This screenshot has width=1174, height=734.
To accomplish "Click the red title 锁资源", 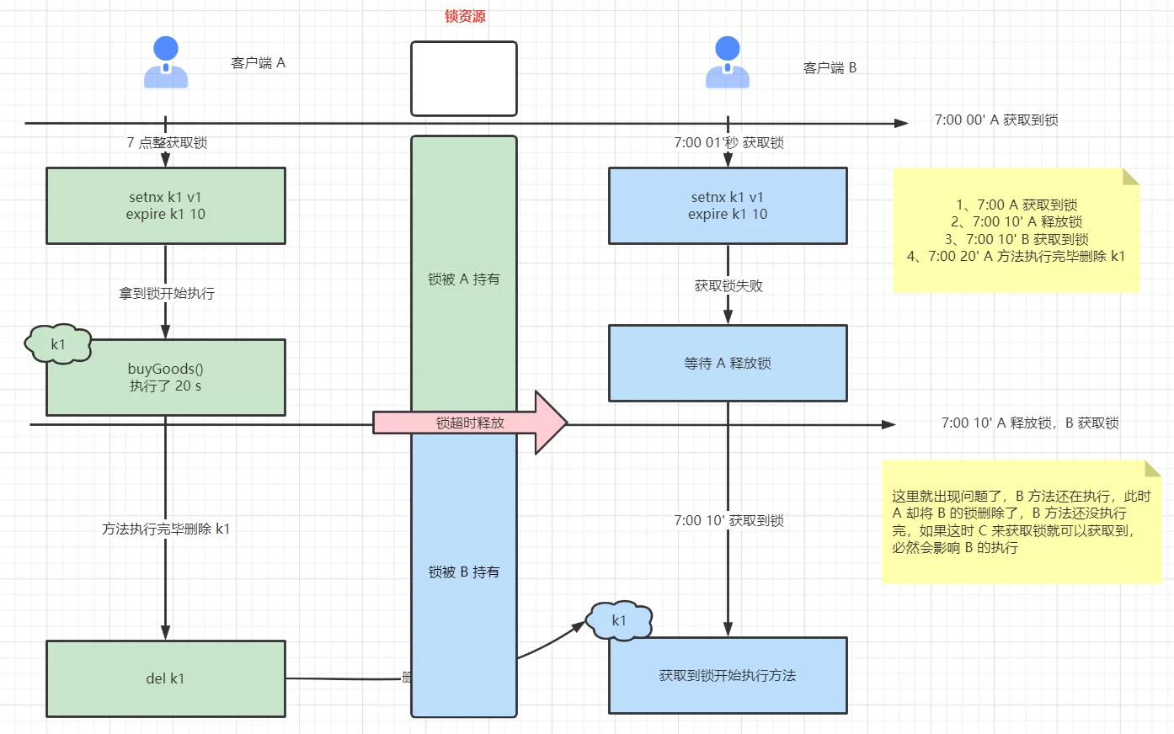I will click(x=465, y=17).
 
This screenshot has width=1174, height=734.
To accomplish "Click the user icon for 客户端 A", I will click(x=166, y=63).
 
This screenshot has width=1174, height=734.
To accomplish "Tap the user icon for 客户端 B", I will click(x=728, y=63).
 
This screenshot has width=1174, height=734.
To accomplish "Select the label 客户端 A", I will click(x=258, y=63).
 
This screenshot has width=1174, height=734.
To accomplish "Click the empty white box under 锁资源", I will click(x=464, y=78).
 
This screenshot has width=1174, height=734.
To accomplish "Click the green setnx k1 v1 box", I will click(x=166, y=206).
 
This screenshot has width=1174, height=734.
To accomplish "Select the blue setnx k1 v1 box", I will click(x=728, y=206).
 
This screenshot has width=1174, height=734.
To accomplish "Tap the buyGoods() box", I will click(x=166, y=378).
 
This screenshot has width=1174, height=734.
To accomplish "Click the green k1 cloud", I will click(x=58, y=344).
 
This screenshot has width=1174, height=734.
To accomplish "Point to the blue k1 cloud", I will click(x=619, y=621).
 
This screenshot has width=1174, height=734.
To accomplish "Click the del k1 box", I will click(x=166, y=678).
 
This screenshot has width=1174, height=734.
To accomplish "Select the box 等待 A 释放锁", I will click(x=728, y=364).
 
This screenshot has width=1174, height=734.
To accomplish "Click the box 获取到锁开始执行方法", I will click(x=728, y=676).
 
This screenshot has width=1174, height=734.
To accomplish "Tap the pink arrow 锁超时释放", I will click(x=470, y=423).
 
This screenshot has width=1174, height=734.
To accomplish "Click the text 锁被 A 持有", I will click(x=464, y=279).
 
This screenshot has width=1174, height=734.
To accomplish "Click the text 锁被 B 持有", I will click(x=464, y=572).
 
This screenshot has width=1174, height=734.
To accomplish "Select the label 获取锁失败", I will click(x=728, y=286).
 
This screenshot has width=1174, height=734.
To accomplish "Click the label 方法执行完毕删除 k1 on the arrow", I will click(x=166, y=529).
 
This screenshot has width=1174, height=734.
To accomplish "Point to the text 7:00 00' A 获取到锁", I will click(x=996, y=120).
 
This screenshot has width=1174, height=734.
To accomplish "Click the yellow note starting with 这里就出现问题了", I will click(x=1021, y=522).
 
